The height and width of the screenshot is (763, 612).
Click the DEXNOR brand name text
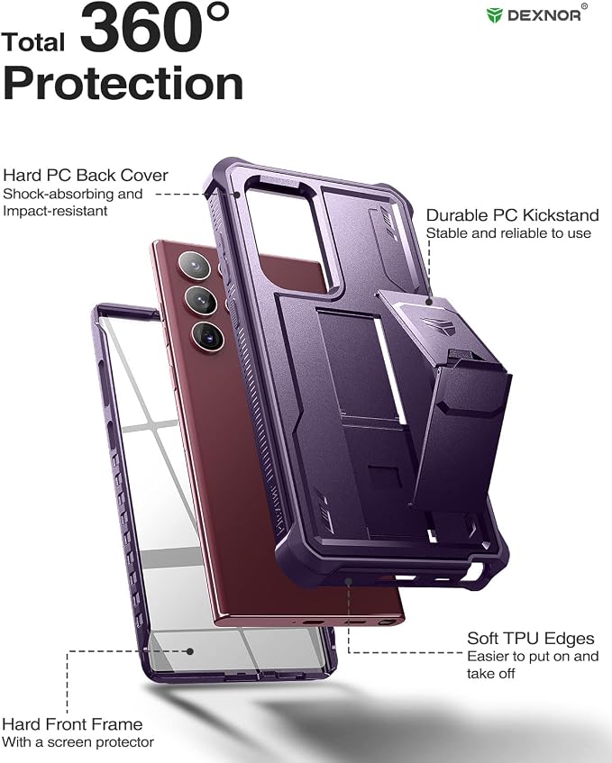click(x=543, y=15)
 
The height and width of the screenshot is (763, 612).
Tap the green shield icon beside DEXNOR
click(x=494, y=15)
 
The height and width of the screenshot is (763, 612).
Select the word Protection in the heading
click(x=123, y=83)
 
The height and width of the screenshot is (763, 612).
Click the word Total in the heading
click(x=32, y=41)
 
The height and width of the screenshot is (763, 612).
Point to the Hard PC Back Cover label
click(x=86, y=175)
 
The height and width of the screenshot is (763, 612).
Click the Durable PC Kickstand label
click(x=512, y=215)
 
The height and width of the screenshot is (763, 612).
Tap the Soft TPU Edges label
click(x=530, y=639)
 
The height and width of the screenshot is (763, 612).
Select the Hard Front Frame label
click(x=72, y=724)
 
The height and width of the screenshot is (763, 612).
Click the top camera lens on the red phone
click(x=195, y=266)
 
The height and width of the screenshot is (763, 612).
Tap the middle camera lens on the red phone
click(x=201, y=300)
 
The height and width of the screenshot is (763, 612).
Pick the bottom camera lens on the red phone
click(x=208, y=335)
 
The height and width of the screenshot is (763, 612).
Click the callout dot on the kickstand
click(x=428, y=302)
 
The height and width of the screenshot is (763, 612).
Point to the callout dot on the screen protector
click(x=190, y=651)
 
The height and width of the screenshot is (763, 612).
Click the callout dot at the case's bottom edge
click(x=349, y=581)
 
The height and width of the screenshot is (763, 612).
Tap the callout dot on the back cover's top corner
click(x=237, y=195)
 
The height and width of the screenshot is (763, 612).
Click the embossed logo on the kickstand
click(x=438, y=325)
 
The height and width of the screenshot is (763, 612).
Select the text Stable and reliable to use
click(x=508, y=233)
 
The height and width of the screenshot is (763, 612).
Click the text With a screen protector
click(x=78, y=742)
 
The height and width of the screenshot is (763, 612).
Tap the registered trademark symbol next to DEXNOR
click(x=584, y=6)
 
